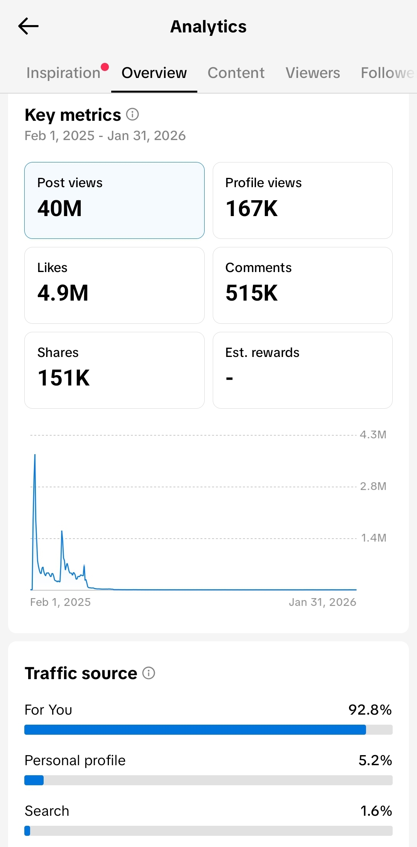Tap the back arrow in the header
[x=28, y=26]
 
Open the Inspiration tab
[x=63, y=73]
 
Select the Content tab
[x=236, y=73]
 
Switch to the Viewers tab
[x=313, y=73]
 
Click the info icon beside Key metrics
[x=132, y=114]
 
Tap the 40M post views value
[x=59, y=208]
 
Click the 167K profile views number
[x=252, y=208]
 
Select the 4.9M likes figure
[x=63, y=293]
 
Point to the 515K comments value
[x=252, y=293]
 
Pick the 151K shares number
[x=64, y=378]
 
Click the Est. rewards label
[x=262, y=352]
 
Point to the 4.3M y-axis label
[x=373, y=434]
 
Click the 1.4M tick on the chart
[x=373, y=538]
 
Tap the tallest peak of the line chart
[x=35, y=455]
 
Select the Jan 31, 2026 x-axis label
[x=322, y=602]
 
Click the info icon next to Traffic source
[x=149, y=673]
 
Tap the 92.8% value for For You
[x=370, y=710]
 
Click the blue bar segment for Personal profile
[x=34, y=780]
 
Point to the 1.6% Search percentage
[x=376, y=811]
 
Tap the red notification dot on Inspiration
[x=105, y=67]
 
